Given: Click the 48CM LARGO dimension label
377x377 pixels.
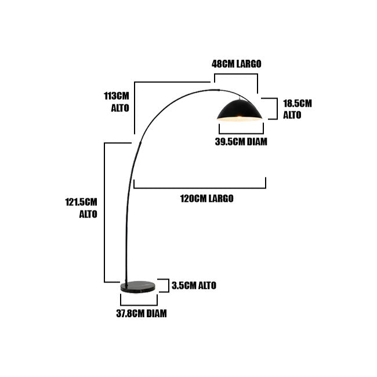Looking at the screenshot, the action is tap(236, 64).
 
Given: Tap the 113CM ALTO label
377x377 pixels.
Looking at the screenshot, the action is tap(117, 102).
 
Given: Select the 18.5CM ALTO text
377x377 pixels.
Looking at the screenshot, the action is tap(297, 109).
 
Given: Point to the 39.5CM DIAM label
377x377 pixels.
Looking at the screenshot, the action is tap(241, 142).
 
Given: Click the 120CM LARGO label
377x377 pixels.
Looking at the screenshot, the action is tap(207, 198).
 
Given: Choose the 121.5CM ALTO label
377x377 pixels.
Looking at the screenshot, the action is tap(81, 208).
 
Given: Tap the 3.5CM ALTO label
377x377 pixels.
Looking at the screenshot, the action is tap(194, 285).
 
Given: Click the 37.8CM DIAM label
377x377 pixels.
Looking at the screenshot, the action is tap(142, 313).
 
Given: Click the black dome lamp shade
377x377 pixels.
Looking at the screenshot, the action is tap(240, 111).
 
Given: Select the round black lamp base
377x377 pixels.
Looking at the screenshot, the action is tap(138, 287).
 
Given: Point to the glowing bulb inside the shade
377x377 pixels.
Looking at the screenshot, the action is tap(239, 117).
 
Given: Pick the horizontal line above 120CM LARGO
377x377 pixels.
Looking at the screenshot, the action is tap(200, 188).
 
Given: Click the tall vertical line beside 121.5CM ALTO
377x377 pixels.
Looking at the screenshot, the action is tap(104, 213).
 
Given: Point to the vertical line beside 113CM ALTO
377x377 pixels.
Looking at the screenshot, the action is tap(135, 108).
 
